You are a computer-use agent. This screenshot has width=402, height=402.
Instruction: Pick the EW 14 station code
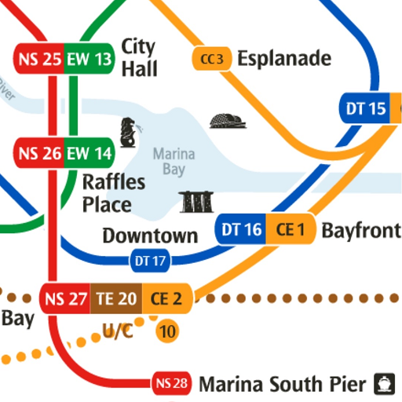point(89,152)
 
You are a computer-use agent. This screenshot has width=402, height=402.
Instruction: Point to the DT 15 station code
point(366,109)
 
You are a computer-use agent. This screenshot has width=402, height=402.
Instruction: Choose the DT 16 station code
point(241,230)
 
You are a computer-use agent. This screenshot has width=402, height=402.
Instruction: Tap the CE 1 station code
point(290,230)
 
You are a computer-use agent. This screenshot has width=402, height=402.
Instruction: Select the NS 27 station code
point(66,299)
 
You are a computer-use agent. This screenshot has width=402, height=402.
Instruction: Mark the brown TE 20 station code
point(116,299)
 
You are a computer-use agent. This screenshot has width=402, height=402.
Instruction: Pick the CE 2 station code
point(166,299)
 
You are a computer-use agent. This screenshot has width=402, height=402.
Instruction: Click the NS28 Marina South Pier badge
point(171,384)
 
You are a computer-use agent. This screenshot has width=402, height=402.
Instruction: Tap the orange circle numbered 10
point(166,331)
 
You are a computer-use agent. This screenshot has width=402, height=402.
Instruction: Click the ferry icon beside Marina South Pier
point(383,383)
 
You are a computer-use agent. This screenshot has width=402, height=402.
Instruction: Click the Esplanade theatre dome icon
point(228,120)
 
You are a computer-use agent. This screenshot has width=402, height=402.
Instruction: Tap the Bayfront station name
point(360,230)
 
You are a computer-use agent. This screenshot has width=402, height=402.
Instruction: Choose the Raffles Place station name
point(114,194)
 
